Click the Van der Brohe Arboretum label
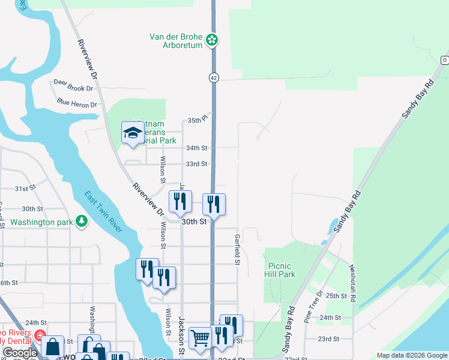pos(176,41)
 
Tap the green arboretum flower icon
pos(212,41)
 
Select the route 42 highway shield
pos(214,77)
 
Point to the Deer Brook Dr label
pos(73,88)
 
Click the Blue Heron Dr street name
pos(77,104)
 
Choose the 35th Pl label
pos(198,119)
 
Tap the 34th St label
pos(196,148)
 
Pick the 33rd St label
pos(196,164)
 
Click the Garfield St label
pos(238,250)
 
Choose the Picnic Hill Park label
pos(281,270)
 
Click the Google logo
pos(19,353)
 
